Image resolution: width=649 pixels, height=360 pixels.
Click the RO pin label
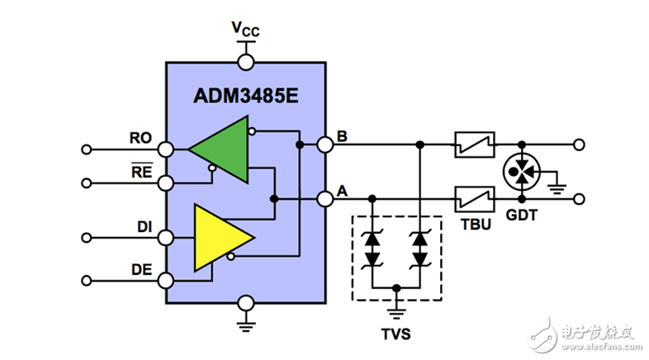140,138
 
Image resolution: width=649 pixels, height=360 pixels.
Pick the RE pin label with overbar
142,171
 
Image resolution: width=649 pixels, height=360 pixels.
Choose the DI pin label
143,225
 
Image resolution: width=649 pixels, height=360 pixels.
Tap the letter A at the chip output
342,189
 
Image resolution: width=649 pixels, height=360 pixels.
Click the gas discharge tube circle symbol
521,172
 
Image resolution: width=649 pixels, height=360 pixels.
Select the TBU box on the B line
475,144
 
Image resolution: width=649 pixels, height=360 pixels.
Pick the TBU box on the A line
475,199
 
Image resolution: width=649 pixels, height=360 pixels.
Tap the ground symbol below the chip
245,322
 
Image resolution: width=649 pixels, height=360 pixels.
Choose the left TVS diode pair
373,248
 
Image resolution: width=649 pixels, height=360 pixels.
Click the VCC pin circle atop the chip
245,61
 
